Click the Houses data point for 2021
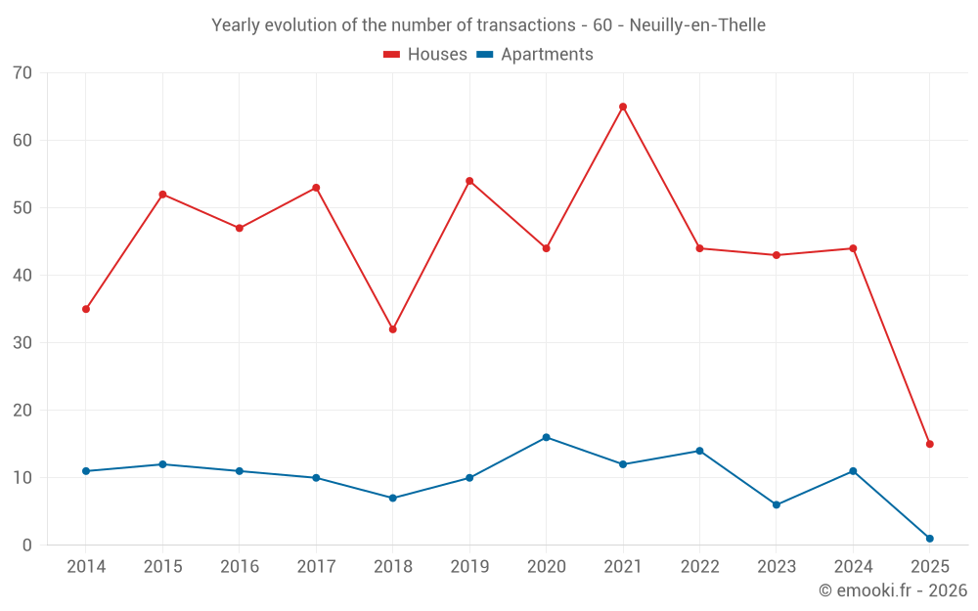[623, 107]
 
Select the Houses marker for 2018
[392, 329]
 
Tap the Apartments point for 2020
[546, 437]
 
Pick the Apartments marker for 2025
[929, 539]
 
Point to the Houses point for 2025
[929, 444]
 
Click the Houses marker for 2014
[86, 309]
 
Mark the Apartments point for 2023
[777, 504]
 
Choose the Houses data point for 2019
[469, 181]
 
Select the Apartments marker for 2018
[392, 498]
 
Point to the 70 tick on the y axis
[22, 73]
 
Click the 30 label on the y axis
[22, 343]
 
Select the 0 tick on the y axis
[27, 546]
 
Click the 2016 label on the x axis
[240, 567]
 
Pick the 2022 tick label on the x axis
[699, 567]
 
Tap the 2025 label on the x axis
[929, 567]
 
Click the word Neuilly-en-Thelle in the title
[697, 24]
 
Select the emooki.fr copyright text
[892, 590]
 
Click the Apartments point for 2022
[699, 451]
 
